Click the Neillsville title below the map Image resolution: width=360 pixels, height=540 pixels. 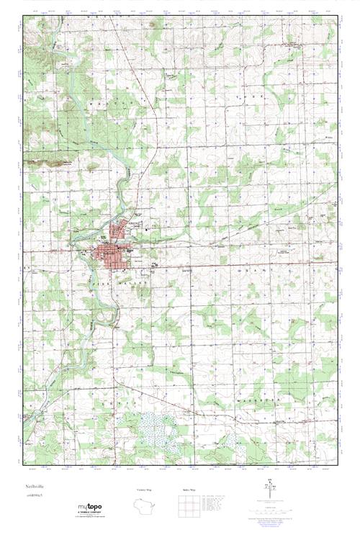pyautogui.click(x=33, y=487)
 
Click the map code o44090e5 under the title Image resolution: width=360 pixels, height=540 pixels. pyautogui.click(x=34, y=496)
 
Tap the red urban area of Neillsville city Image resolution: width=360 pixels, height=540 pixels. pyautogui.click(x=110, y=255)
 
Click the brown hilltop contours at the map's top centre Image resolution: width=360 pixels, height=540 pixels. pyautogui.click(x=156, y=25)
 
